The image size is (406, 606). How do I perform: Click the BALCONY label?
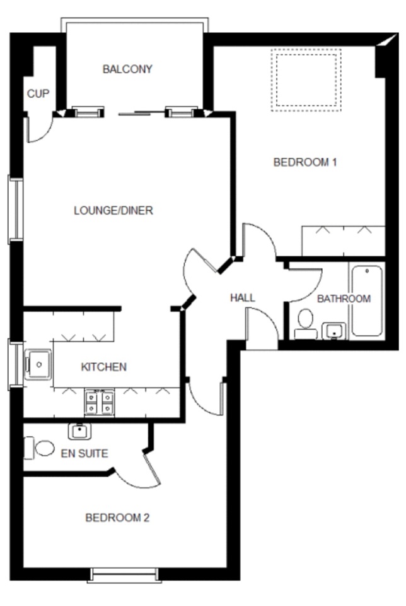(x=127, y=69)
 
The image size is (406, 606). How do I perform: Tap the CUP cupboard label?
(x=38, y=93)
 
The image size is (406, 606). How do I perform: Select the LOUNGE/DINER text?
(x=113, y=211)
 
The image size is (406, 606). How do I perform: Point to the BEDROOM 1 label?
(x=305, y=162)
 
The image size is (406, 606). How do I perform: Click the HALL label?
(x=243, y=298)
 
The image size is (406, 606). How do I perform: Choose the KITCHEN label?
(x=104, y=367)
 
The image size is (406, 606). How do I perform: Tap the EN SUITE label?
(x=84, y=453)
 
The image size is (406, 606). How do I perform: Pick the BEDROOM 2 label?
(x=117, y=518)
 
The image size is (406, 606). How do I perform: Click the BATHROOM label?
(x=344, y=299)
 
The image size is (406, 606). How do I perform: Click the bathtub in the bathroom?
(x=367, y=300)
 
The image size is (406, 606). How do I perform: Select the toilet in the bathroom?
(x=306, y=324)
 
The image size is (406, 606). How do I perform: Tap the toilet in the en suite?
(x=39, y=448)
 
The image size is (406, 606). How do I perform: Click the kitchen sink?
(x=38, y=364)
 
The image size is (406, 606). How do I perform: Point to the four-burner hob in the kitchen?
(x=100, y=403)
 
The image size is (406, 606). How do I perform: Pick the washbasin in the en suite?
(x=79, y=431)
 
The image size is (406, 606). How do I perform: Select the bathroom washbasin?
(x=334, y=331)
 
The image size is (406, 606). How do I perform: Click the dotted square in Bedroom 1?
(x=306, y=80)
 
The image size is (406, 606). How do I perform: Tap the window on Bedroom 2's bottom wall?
(x=124, y=574)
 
